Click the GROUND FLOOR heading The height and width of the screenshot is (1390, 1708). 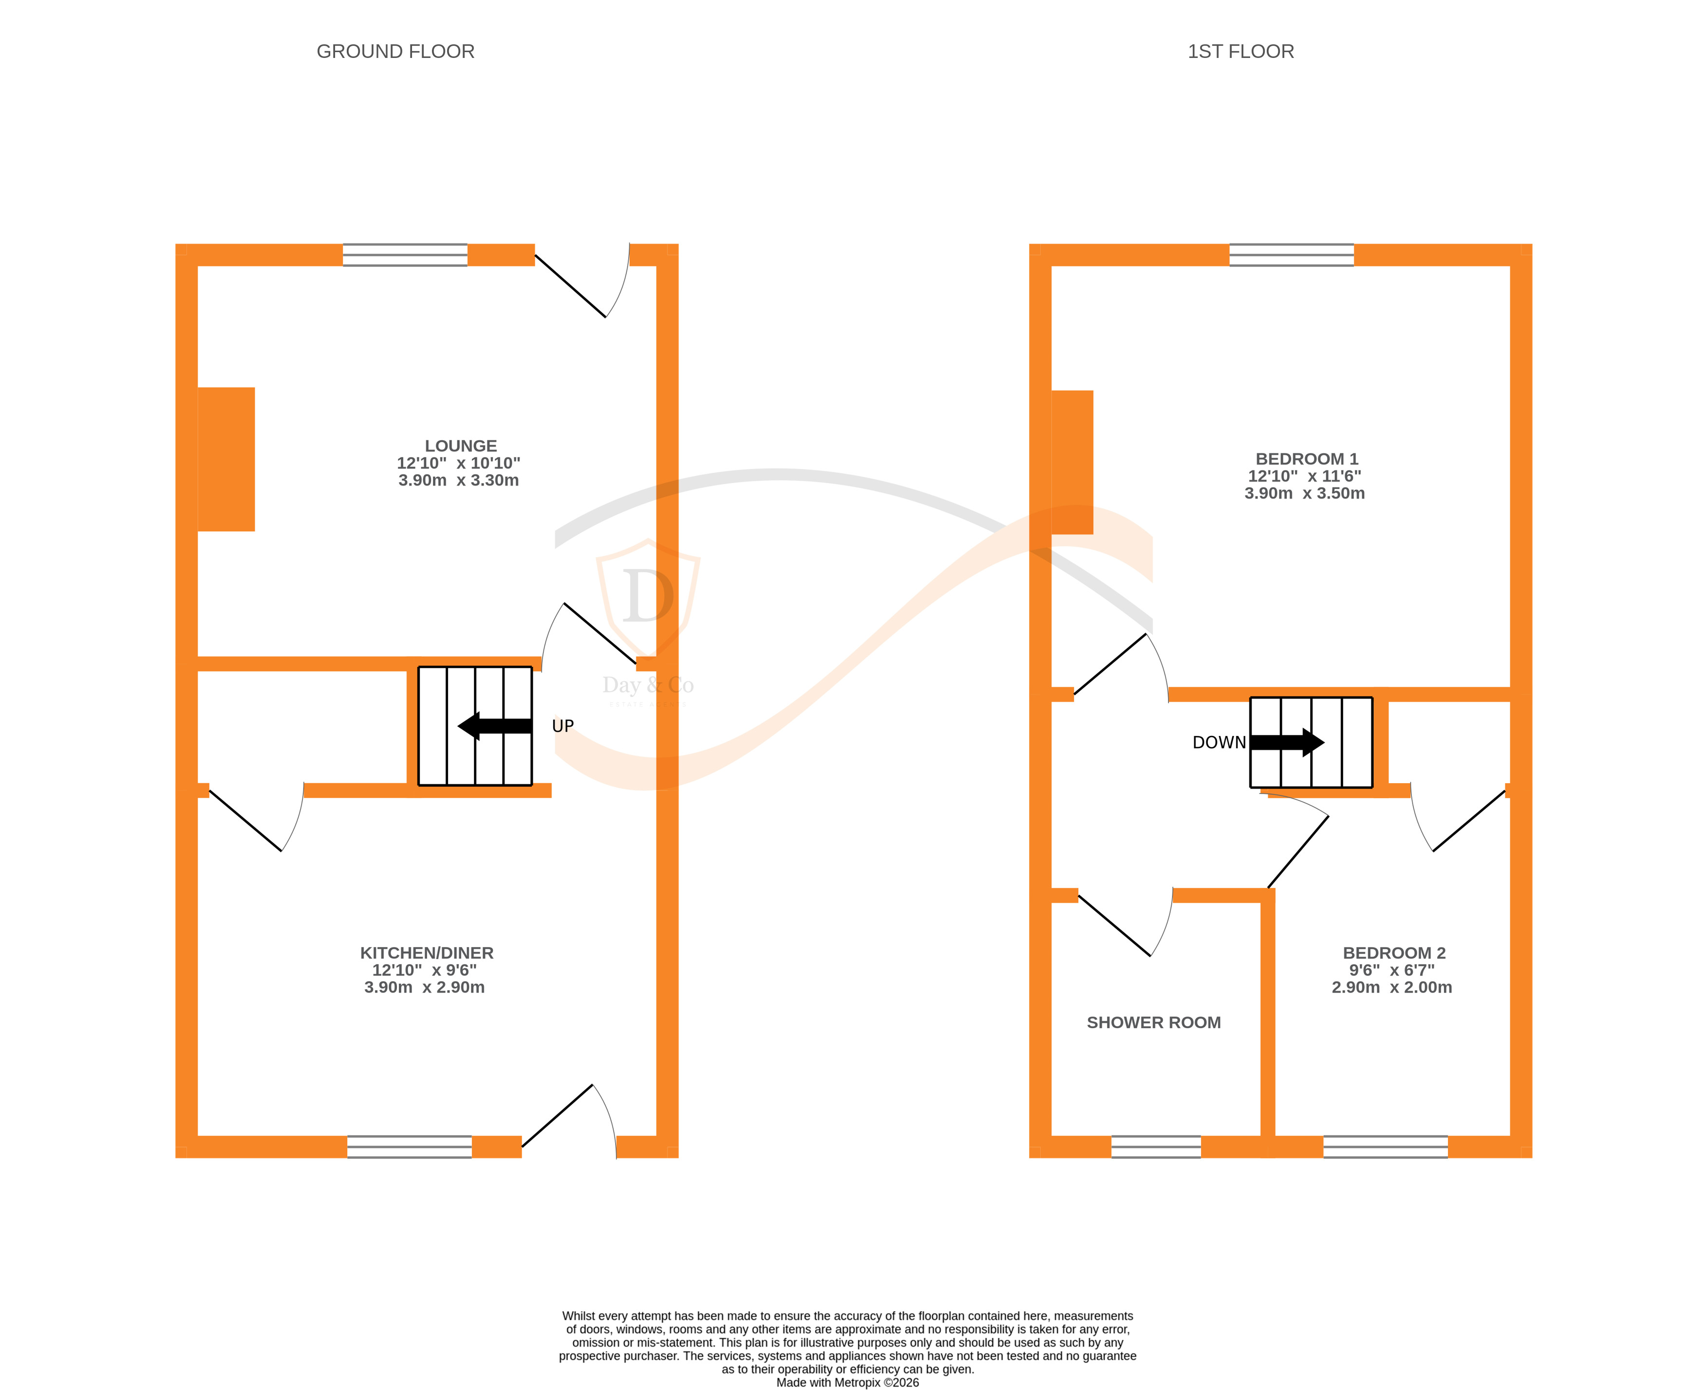(395, 51)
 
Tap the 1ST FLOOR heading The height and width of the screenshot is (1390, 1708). (1240, 51)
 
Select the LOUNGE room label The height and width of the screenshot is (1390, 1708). (460, 446)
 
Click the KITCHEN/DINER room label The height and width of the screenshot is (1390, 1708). (427, 953)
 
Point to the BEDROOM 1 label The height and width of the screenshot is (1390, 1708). (1306, 459)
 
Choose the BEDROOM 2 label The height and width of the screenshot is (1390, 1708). (1394, 953)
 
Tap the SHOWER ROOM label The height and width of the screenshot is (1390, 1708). (1153, 1022)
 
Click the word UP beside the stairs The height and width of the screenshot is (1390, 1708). (563, 726)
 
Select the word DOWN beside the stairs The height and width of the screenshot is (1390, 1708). (1219, 742)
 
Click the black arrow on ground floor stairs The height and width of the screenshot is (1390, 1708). (494, 726)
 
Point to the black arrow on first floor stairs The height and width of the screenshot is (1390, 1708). (1287, 742)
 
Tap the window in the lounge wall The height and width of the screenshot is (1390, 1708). (405, 255)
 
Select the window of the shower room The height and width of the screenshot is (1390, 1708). (1156, 1146)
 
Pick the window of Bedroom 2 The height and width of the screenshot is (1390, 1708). (1385, 1146)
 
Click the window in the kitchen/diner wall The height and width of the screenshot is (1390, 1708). (409, 1146)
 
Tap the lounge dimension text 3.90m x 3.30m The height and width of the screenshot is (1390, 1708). (459, 480)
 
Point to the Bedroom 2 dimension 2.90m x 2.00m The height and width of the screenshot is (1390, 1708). (1392, 987)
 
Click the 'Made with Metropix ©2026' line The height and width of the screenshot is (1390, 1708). (847, 1382)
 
